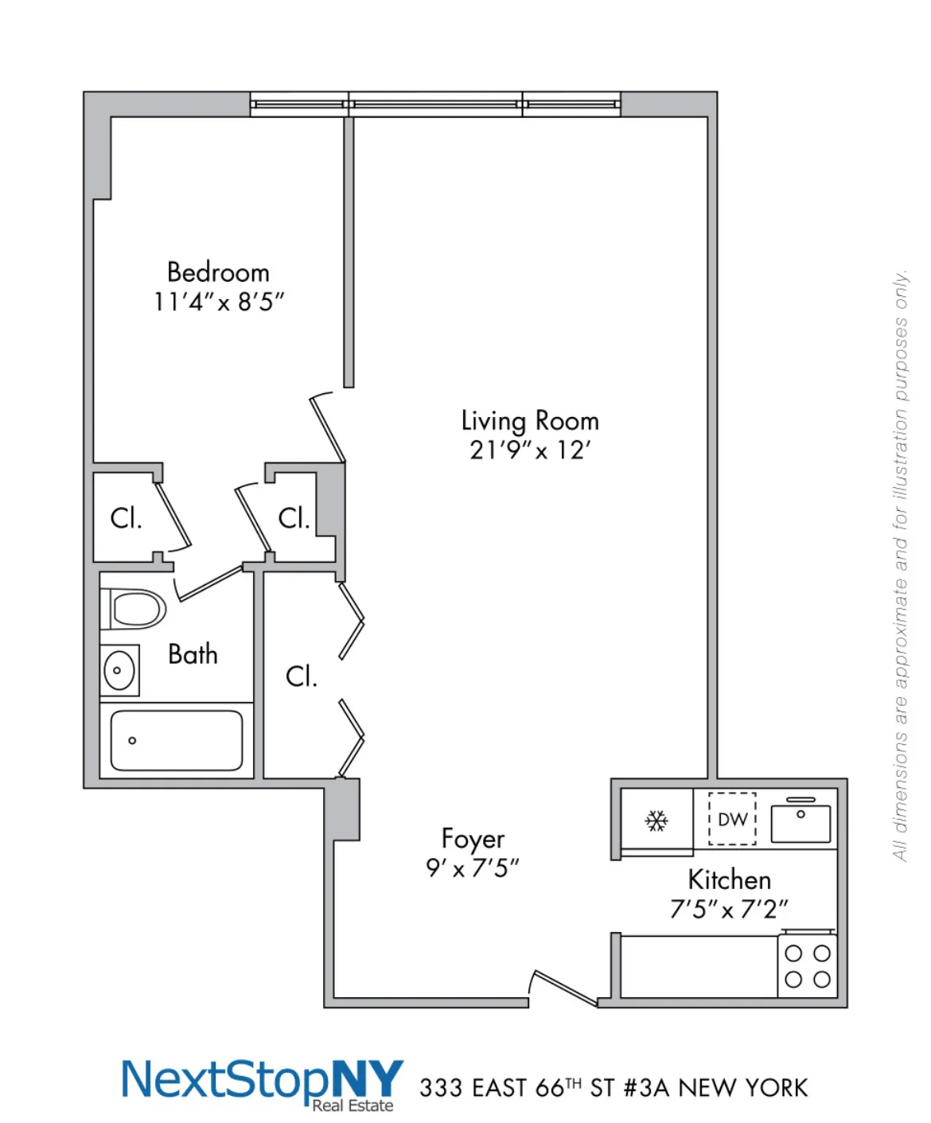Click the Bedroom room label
coord(218,272)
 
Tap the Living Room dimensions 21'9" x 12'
coord(530,450)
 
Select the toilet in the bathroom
coord(134,610)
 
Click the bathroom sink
coord(119,670)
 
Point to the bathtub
coord(176,741)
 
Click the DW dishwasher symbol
coord(732,819)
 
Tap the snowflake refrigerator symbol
coord(656,821)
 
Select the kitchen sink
coord(801,821)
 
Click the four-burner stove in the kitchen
coord(807,966)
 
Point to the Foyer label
coord(473,839)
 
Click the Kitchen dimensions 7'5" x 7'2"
coord(729,909)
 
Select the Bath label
coord(193,654)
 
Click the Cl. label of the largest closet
coord(302,677)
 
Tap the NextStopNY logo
coord(263,1082)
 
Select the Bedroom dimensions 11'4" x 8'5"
coord(219,302)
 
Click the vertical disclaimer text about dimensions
coord(900,565)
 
